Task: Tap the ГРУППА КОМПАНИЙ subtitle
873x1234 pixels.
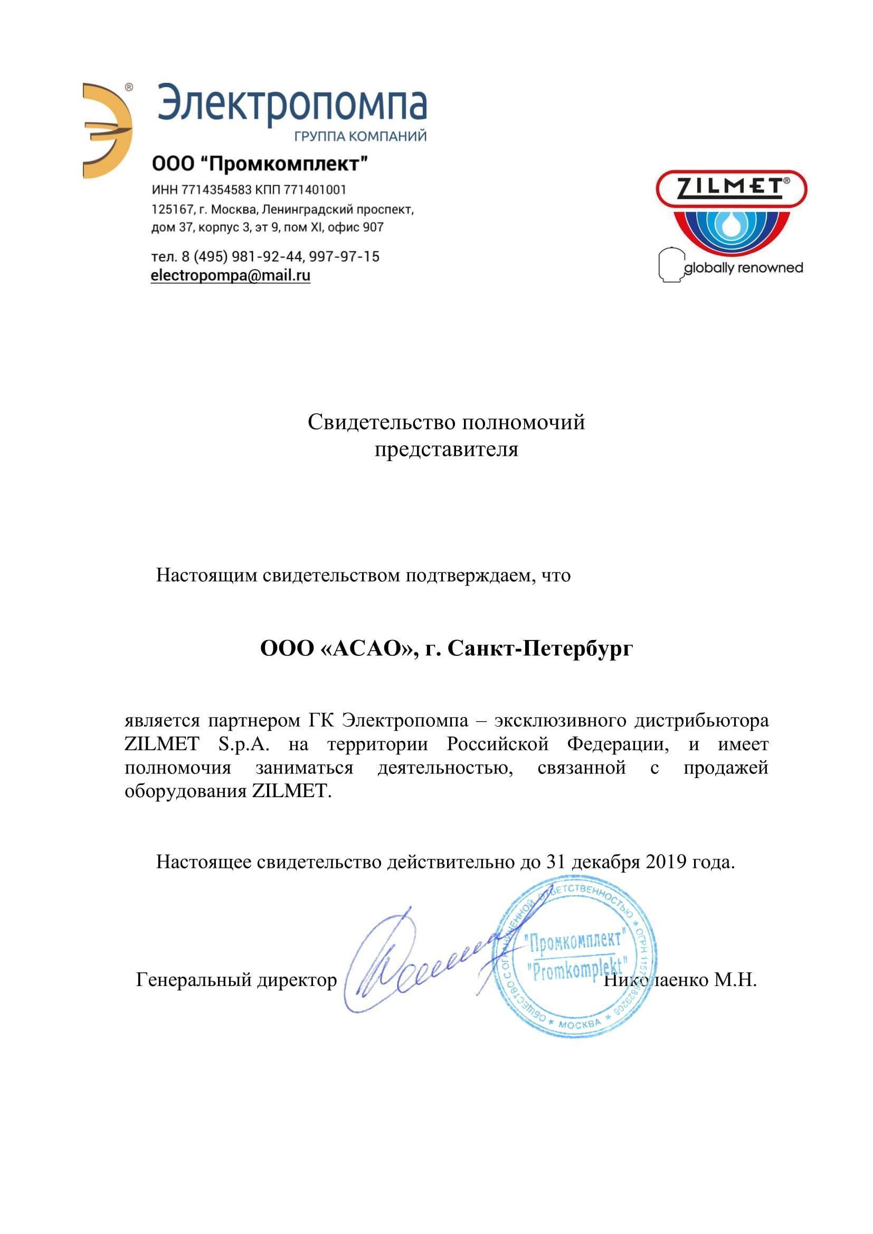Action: [360, 136]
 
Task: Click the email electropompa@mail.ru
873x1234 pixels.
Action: [231, 276]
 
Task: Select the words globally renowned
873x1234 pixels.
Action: [744, 267]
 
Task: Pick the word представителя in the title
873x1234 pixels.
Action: [446, 449]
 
